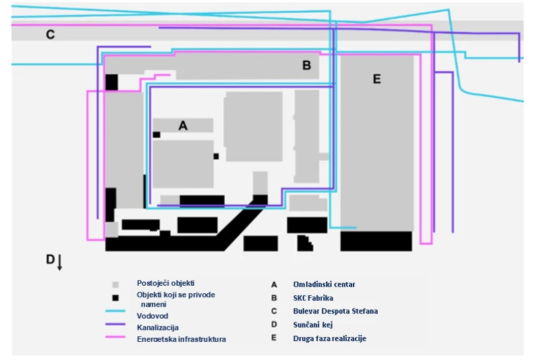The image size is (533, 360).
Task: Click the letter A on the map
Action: coord(182,125)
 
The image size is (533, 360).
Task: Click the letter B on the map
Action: coord(306,65)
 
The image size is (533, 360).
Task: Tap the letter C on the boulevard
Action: coord(50,34)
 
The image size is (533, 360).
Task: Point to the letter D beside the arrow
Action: coord(50,260)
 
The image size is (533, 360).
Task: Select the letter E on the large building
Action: coord(376,80)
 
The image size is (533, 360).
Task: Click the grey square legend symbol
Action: coord(115,284)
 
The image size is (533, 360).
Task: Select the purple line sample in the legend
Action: coord(116,326)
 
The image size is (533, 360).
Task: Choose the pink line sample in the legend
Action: coord(116,338)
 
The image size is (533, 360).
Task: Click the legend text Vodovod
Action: coord(152,316)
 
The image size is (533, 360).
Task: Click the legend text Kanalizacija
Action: coord(157,327)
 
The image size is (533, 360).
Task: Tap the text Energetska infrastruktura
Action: coord(181,339)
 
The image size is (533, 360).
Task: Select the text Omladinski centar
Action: coord(324,284)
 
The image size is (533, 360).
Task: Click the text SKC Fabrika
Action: coord(313,298)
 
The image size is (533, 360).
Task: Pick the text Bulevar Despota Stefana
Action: coord(335,311)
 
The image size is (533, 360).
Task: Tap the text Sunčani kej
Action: coord(313,325)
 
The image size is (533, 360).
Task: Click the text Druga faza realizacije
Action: coord(329,338)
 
